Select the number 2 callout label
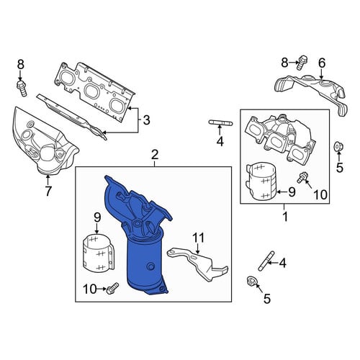(x=155, y=155)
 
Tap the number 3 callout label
(x=146, y=120)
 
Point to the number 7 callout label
(x=48, y=191)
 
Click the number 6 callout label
(x=322, y=63)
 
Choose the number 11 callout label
(x=199, y=238)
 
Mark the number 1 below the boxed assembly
(x=285, y=217)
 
